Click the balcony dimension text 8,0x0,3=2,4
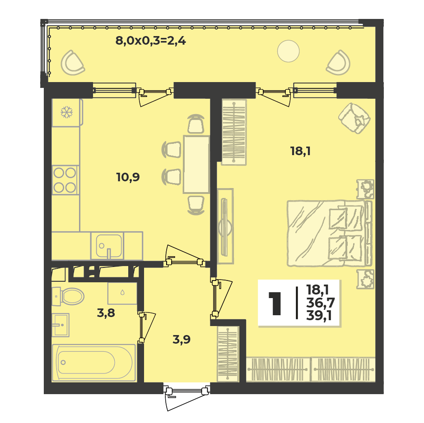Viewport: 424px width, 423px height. point(151,41)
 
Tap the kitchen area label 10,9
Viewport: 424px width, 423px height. point(128,178)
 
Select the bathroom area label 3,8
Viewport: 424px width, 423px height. point(106,313)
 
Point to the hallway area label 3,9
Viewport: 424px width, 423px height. point(182,339)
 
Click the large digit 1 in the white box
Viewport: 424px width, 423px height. point(275,303)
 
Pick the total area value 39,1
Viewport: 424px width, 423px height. point(319,315)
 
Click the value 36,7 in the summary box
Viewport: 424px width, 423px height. point(321,303)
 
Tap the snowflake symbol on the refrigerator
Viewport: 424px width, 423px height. point(66,112)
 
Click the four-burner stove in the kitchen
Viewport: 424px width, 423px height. point(65,180)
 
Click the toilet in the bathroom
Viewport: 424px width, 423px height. point(68,297)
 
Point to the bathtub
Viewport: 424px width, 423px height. point(93,363)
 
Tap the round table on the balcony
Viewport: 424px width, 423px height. point(288,51)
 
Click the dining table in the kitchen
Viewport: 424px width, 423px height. point(196,165)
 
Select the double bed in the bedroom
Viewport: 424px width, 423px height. point(330,234)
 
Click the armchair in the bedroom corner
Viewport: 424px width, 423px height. point(354,118)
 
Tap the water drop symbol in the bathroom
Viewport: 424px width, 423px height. point(122,292)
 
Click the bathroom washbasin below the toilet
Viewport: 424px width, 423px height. point(61,325)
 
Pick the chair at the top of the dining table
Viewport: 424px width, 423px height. point(196,124)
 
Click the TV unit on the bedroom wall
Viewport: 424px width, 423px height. point(225,226)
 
